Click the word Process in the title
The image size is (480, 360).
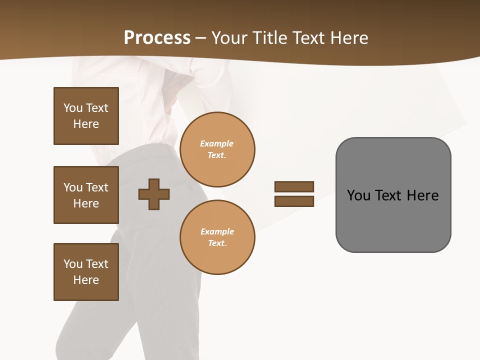coord(157,38)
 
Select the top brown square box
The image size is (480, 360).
coord(86,116)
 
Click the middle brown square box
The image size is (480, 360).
coord(86,195)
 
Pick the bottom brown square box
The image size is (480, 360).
coord(86,272)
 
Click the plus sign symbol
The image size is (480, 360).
coord(154,193)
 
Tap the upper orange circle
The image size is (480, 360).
coord(217,149)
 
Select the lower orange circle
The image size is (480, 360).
coord(217,237)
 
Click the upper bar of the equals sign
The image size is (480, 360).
coord(294,186)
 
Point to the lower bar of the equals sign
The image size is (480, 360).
coord(294,201)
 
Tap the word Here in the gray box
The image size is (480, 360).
coord(422,195)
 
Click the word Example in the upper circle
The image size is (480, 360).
coord(216,143)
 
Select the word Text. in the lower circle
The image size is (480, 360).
coord(217,243)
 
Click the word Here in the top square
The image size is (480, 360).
coord(86,124)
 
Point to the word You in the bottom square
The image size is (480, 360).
coord(73,264)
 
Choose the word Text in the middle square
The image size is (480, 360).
coord(96,187)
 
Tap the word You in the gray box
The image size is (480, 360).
coord(358,195)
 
